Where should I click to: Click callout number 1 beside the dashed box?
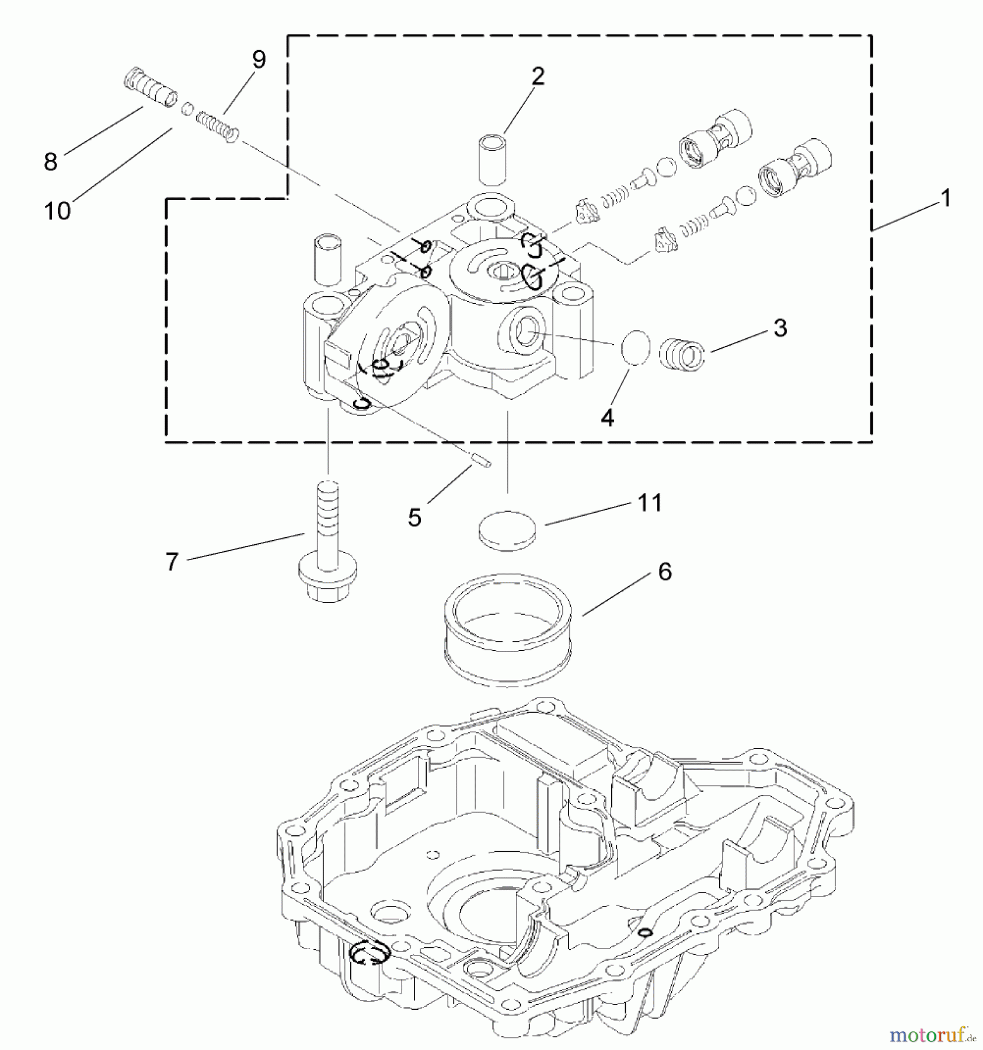945,198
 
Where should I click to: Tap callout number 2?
537,76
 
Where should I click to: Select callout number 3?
780,328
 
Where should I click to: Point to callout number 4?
608,418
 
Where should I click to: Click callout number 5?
414,517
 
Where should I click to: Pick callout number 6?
665,572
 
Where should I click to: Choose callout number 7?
172,562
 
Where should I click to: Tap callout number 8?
51,162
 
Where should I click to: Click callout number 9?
259,60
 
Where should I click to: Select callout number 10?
57,211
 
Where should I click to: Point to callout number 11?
650,503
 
